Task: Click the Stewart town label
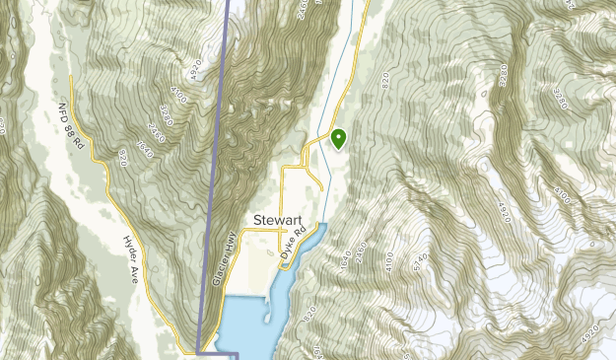tap(277, 220)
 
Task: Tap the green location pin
tap(339, 139)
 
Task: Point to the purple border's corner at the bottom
tap(198, 352)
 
